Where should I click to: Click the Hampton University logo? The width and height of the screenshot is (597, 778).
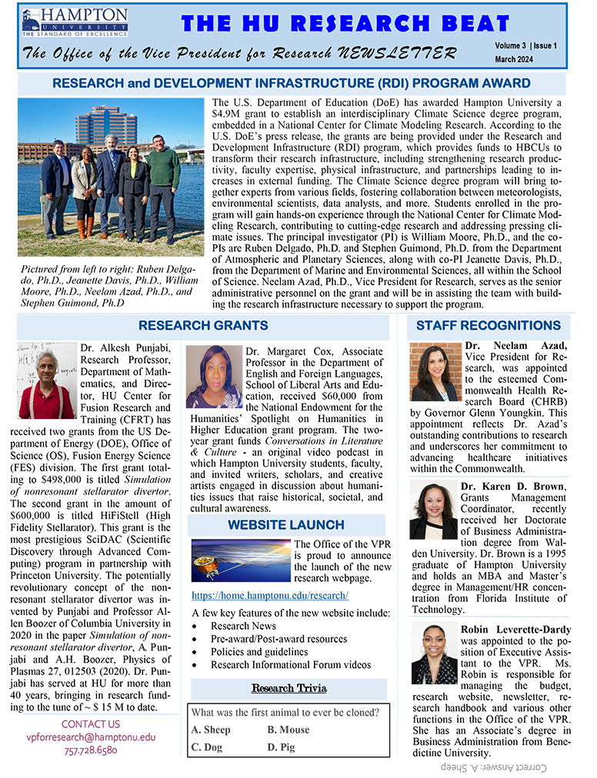tap(75, 22)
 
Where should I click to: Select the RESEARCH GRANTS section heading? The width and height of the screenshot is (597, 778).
tap(203, 326)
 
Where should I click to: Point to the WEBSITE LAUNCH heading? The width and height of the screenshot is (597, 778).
tap(285, 525)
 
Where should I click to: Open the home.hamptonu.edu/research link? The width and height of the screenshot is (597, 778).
tap(269, 596)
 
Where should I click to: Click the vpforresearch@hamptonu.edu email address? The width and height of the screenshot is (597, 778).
tap(91, 736)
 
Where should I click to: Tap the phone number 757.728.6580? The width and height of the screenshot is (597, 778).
tap(91, 750)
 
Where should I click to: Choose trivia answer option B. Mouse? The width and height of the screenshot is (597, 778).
tap(288, 730)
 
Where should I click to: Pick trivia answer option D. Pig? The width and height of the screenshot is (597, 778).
tap(282, 746)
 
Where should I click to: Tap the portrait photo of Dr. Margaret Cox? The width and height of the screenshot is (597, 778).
tap(214, 377)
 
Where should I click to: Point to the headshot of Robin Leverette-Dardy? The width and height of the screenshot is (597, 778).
tap(433, 654)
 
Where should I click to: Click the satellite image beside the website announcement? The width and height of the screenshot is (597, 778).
tap(240, 560)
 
